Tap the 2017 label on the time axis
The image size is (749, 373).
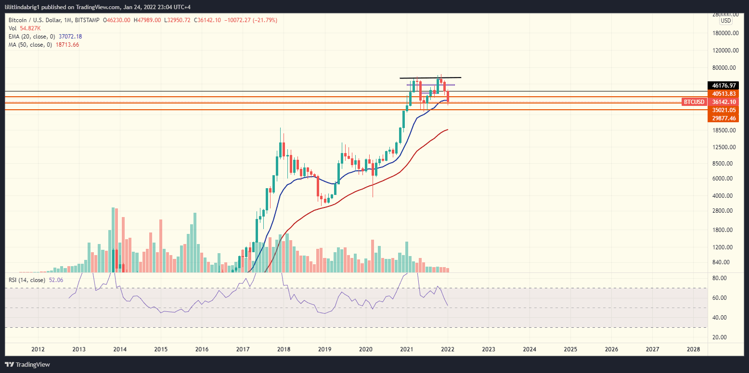point(243,348)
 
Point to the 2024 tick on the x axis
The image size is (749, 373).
point(529,348)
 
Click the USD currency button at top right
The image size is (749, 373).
point(725,21)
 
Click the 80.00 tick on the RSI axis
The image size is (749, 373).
point(720,278)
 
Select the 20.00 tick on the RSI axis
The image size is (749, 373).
point(720,337)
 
